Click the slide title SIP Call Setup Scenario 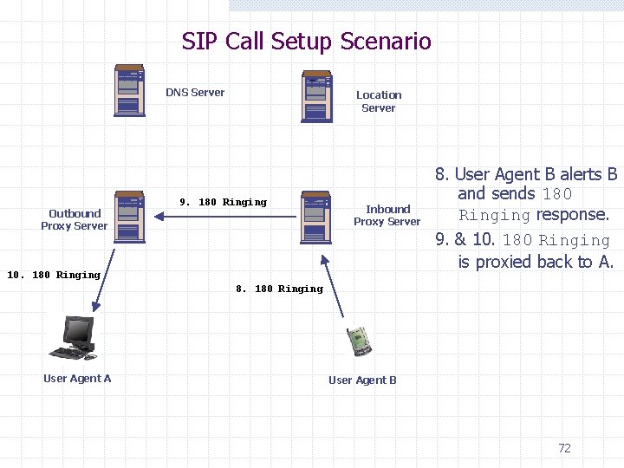(x=306, y=41)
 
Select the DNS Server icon (x=129, y=90)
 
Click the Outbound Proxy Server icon (x=129, y=217)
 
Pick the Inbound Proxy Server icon (x=316, y=217)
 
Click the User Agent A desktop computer (x=77, y=338)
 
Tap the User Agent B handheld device (x=360, y=341)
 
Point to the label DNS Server (x=195, y=93)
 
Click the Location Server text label (x=379, y=101)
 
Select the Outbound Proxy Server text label (x=75, y=219)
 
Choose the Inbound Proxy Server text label (x=387, y=215)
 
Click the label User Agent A (x=77, y=378)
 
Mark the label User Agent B (x=362, y=380)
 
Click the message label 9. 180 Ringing (x=223, y=202)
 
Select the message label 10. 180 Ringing (x=54, y=275)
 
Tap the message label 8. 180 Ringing (x=279, y=289)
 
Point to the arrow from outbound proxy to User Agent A (x=102, y=277)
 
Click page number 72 (x=564, y=448)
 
